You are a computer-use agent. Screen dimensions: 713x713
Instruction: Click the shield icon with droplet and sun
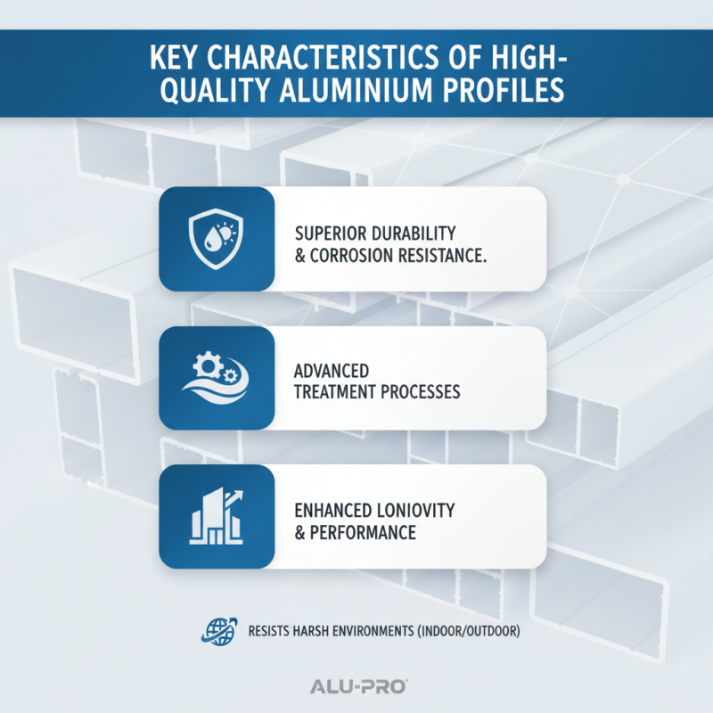tap(217, 238)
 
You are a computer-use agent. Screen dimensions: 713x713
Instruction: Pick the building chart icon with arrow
tap(217, 517)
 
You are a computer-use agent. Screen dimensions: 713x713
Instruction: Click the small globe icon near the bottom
tap(210, 633)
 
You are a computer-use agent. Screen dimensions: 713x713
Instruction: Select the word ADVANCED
tap(331, 370)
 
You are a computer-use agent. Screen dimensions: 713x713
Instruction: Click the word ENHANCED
tap(331, 511)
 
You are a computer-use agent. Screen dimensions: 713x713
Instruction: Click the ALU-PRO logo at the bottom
tap(356, 686)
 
